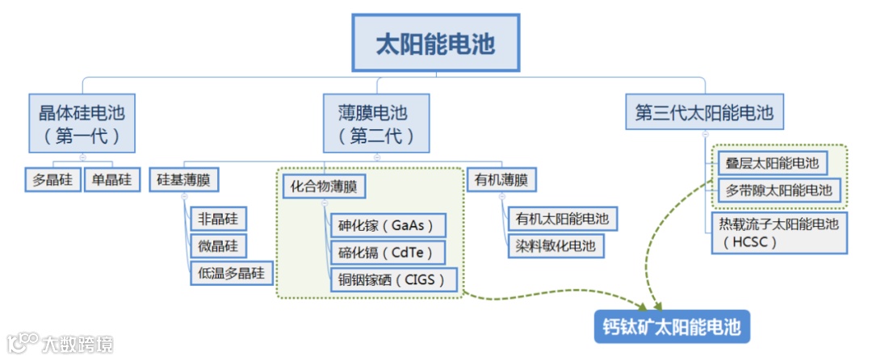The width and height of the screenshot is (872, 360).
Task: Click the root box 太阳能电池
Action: (435, 43)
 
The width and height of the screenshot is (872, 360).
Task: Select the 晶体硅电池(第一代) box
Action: (82, 123)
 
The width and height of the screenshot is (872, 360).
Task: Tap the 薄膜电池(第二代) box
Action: (377, 123)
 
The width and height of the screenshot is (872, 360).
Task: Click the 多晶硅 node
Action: (53, 179)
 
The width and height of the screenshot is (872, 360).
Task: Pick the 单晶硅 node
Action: (113, 179)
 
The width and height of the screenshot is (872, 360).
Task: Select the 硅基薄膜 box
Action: (184, 180)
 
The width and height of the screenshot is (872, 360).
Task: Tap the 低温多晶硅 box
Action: (232, 272)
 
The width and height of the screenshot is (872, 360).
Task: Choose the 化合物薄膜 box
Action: (323, 187)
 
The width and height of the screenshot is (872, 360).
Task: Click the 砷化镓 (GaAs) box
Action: (387, 225)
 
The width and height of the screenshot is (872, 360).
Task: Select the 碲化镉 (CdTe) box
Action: (387, 253)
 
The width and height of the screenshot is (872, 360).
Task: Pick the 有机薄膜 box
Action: (502, 180)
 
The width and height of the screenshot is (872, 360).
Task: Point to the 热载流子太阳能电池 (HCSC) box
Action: (778, 232)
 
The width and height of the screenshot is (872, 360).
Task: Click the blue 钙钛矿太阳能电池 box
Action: (672, 328)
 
